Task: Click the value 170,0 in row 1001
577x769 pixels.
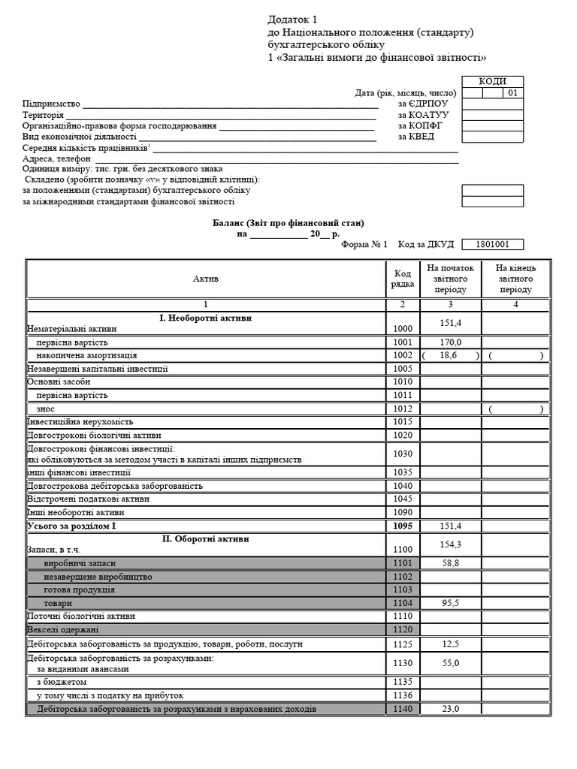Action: click(x=450, y=342)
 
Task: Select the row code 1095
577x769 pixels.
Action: click(x=402, y=526)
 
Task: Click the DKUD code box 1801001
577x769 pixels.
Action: click(x=493, y=245)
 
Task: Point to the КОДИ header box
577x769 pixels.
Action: click(x=493, y=82)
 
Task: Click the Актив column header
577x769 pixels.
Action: click(x=206, y=279)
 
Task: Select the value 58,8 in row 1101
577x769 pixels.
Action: click(x=450, y=562)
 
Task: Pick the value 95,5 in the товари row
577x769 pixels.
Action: click(x=450, y=603)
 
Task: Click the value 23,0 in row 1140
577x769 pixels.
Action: click(x=450, y=709)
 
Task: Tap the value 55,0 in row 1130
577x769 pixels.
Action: click(x=450, y=663)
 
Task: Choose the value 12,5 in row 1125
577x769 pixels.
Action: click(x=450, y=644)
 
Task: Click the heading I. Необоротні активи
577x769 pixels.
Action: click(x=206, y=318)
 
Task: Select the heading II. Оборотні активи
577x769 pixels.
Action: click(x=206, y=539)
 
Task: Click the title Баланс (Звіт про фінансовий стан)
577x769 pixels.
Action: click(x=288, y=224)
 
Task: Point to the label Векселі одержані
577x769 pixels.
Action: click(x=63, y=629)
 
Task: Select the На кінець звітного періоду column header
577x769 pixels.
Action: click(x=515, y=279)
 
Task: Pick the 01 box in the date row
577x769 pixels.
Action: click(x=512, y=94)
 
